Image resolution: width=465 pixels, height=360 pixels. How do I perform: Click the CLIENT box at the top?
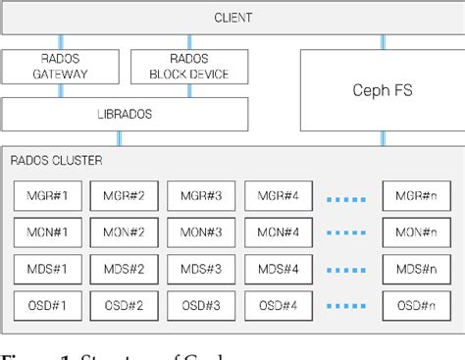click(232, 18)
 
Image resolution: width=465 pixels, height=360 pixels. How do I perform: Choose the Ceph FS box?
click(381, 90)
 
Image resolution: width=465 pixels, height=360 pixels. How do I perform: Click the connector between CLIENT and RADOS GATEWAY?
click(61, 42)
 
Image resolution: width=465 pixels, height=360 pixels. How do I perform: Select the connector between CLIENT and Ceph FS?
click(383, 42)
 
